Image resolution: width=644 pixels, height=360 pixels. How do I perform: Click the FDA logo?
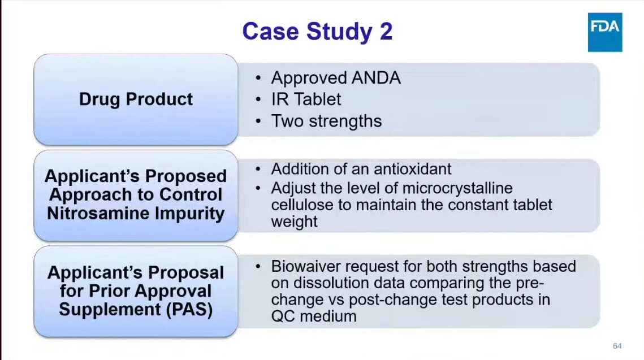pyautogui.click(x=604, y=32)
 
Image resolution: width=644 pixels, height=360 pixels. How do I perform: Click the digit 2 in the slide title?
pyautogui.click(x=386, y=31)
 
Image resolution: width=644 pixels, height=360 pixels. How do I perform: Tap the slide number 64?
pyautogui.click(x=617, y=346)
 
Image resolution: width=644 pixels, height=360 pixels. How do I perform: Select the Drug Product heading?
pyautogui.click(x=136, y=99)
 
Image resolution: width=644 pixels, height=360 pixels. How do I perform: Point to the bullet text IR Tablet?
pyautogui.click(x=306, y=99)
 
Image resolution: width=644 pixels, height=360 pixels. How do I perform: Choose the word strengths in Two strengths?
pyautogui.click(x=345, y=122)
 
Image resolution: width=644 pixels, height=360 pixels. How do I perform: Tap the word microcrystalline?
pyautogui.click(x=457, y=188)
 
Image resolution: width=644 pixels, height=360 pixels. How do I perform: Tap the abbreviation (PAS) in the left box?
pyautogui.click(x=189, y=310)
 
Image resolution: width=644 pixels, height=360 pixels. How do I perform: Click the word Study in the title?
pyautogui.click(x=339, y=32)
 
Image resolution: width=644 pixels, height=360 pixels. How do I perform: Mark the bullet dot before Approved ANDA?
pyautogui.click(x=258, y=78)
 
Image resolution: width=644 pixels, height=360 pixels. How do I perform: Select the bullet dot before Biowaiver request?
pyautogui.click(x=258, y=267)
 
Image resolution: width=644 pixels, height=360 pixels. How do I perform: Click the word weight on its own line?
pyautogui.click(x=294, y=222)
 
